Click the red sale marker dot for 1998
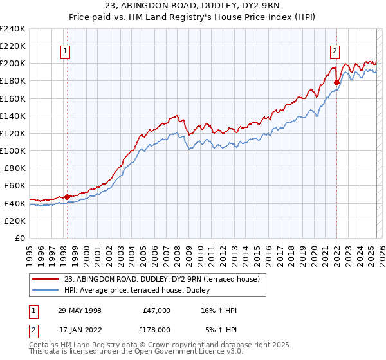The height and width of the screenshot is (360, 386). [x=67, y=197]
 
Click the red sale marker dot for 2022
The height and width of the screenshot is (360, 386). [x=336, y=82]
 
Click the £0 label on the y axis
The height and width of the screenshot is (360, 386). [x=20, y=238]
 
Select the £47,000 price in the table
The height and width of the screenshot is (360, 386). [x=157, y=310]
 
